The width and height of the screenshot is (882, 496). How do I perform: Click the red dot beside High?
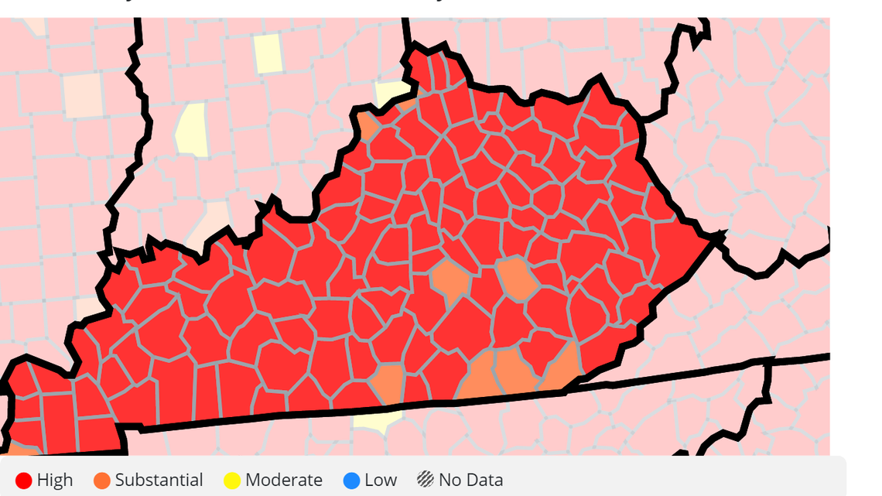23,480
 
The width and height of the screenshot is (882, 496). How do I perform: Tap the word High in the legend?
54,480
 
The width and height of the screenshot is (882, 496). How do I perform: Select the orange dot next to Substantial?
101,480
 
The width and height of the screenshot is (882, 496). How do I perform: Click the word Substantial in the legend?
159,480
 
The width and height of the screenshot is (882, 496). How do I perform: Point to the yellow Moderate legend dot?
231,480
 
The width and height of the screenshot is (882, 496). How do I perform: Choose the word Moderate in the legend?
283,480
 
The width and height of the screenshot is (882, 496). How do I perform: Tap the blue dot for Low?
351,480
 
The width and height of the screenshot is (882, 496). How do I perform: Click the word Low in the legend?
381,480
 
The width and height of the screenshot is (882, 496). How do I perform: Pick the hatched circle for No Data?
425,480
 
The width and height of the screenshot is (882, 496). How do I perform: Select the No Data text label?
470,480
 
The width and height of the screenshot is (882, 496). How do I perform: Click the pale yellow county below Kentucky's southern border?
379,421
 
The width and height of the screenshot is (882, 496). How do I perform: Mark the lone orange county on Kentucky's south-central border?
388,383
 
